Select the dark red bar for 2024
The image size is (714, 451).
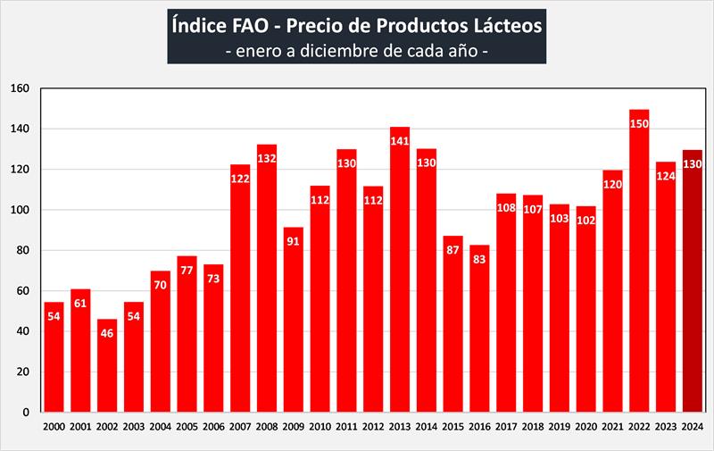click(693, 286)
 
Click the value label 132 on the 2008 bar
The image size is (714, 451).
click(267, 159)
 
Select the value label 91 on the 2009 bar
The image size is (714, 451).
click(294, 241)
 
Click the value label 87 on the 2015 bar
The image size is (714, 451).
click(453, 250)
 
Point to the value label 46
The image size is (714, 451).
click(107, 333)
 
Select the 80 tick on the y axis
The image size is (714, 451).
click(24, 250)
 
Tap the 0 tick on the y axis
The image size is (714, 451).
click(27, 413)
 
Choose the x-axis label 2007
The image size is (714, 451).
click(240, 427)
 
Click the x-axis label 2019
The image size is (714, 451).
click(560, 427)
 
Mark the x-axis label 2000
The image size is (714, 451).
click(54, 427)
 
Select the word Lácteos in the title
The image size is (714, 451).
click(505, 26)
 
